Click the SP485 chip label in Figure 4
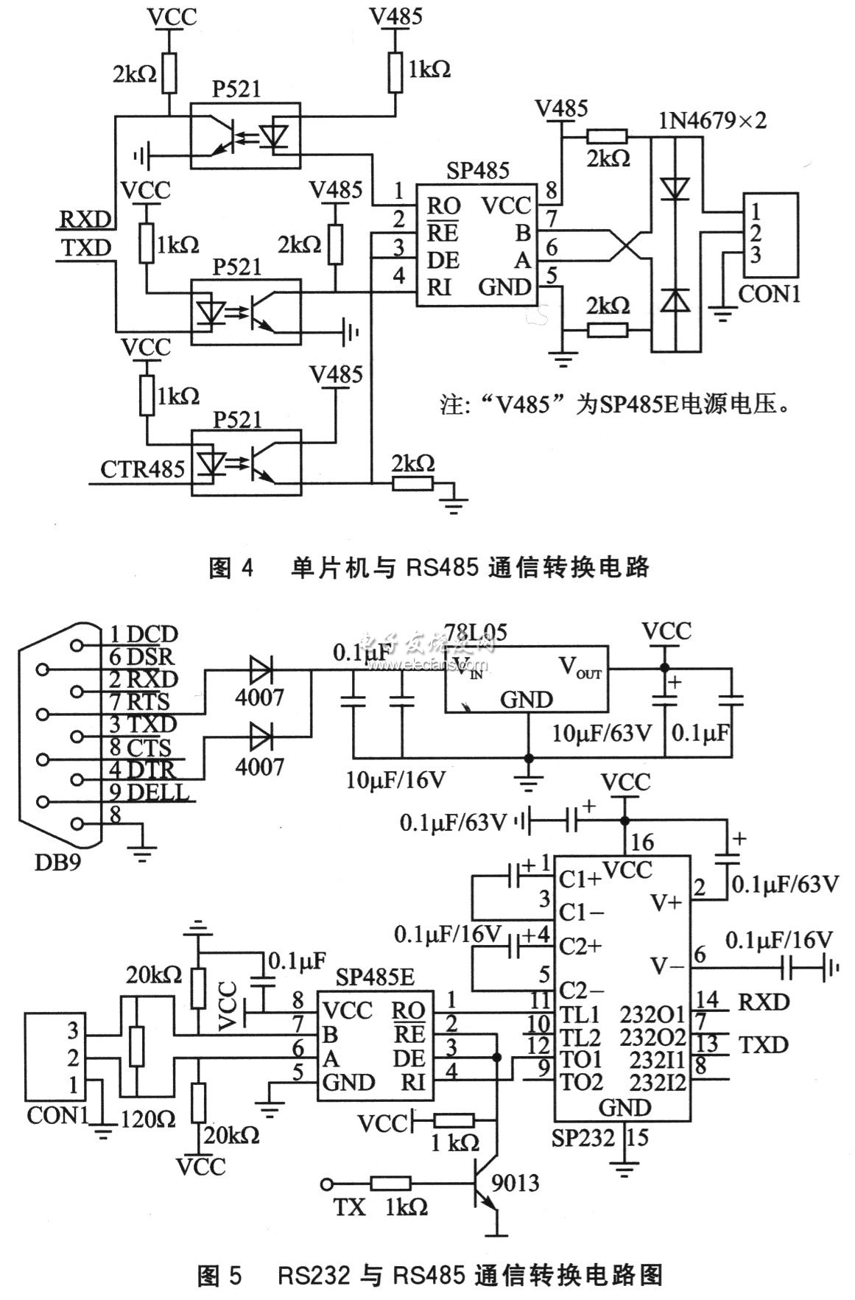477,171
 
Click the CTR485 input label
142,468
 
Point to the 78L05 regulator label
476,632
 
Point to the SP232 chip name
583,1138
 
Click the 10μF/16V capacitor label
395,778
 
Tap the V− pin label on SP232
667,964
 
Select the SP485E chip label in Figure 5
374,978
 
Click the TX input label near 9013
349,1209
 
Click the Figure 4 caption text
429,568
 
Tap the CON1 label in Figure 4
768,295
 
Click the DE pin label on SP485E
409,1058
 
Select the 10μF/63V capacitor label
602,734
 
